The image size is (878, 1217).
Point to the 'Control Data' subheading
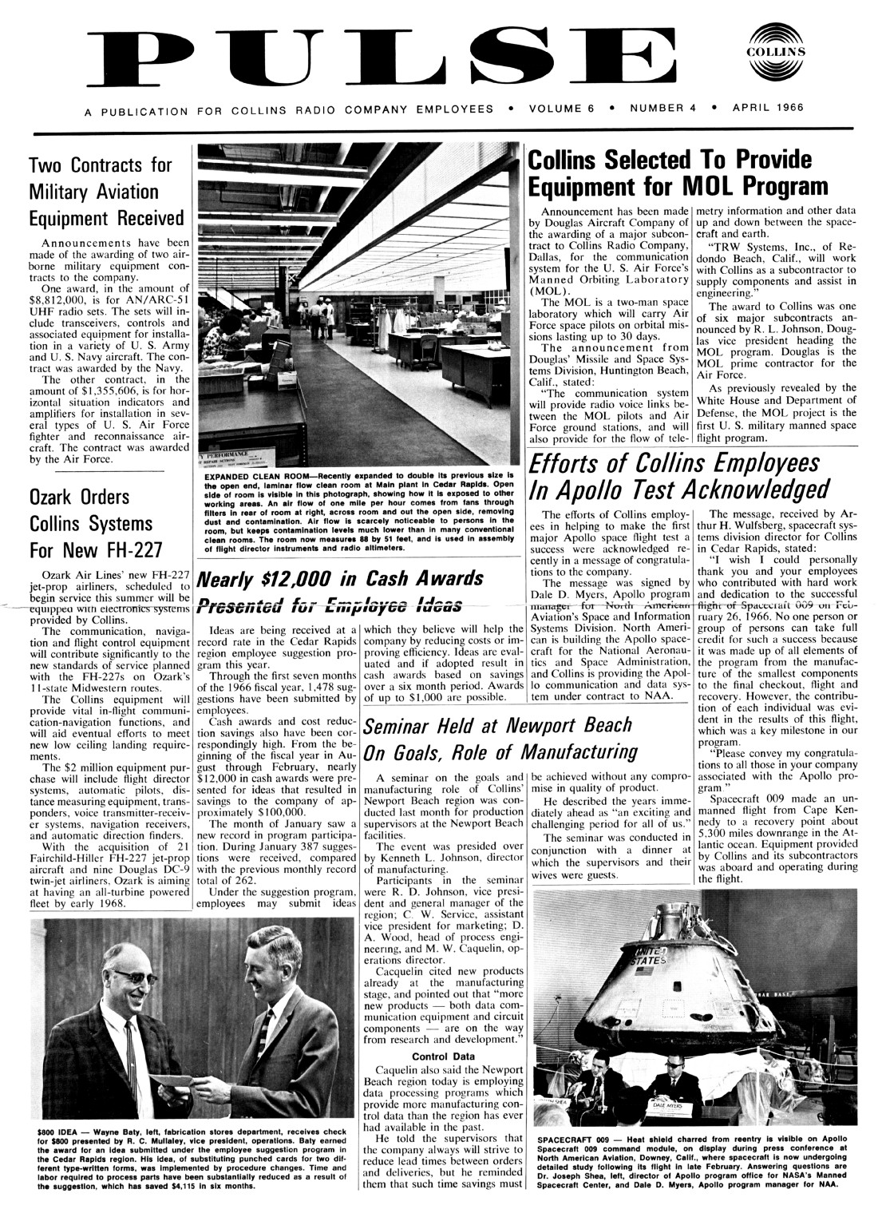pos(443,1057)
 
